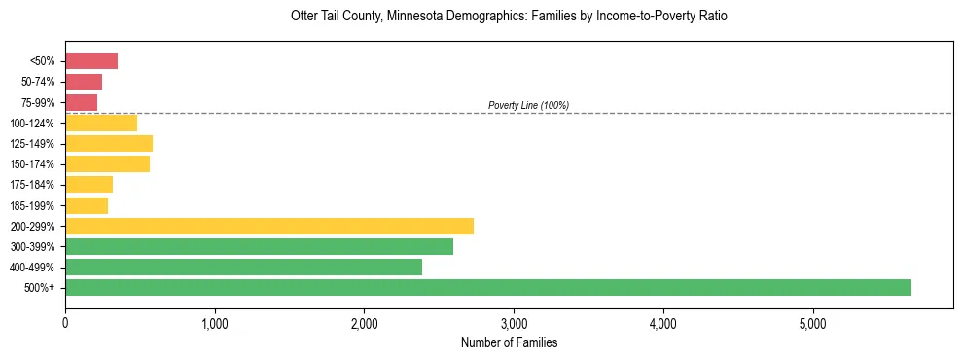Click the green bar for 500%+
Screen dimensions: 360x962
point(487,287)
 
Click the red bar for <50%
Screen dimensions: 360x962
point(91,61)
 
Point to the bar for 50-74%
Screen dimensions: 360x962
point(84,82)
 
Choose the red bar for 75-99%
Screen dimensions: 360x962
point(81,102)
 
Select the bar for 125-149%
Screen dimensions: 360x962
point(109,144)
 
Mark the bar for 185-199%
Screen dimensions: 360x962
point(87,205)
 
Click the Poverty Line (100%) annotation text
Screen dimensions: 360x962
point(528,105)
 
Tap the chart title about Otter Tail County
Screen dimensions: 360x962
point(509,17)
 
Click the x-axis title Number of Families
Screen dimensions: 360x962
point(509,342)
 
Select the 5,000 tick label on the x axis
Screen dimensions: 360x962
point(812,324)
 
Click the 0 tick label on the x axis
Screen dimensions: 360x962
point(65,324)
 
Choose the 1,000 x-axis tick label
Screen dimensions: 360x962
point(215,324)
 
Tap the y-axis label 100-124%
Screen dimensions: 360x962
point(33,124)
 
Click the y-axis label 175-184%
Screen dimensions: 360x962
point(33,185)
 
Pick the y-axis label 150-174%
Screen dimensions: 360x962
point(33,164)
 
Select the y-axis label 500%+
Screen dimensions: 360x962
point(40,288)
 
